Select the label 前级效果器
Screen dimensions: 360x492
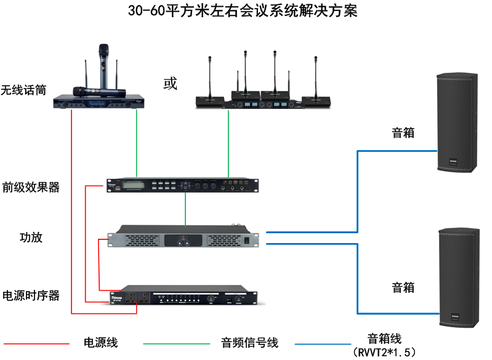tap(31, 187)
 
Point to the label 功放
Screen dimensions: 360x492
tap(31, 238)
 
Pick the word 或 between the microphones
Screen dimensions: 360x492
tap(170, 83)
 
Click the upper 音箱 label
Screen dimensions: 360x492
tap(403, 132)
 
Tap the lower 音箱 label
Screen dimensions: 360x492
tap(403, 287)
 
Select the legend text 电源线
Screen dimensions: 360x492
tap(100, 342)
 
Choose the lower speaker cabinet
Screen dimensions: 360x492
tap(459, 277)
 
